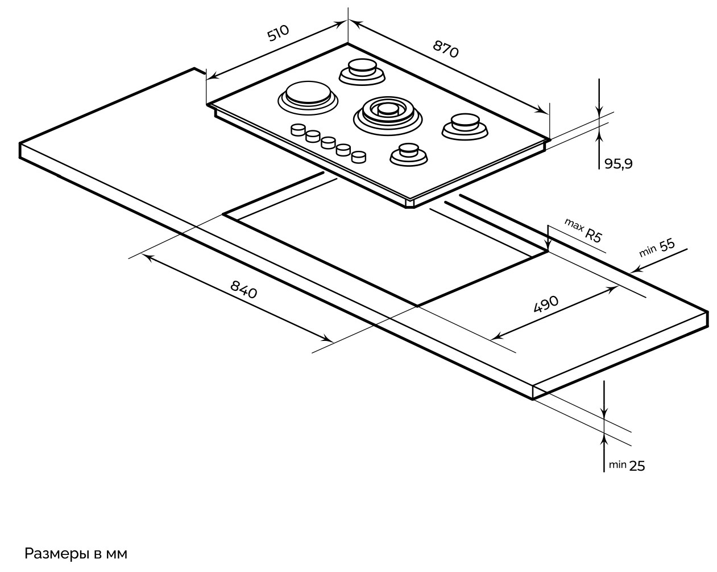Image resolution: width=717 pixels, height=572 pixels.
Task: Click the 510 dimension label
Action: tap(278, 34)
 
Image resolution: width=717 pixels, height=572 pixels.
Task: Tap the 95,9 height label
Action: tap(618, 164)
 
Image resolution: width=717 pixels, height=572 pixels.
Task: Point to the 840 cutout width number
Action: tap(244, 289)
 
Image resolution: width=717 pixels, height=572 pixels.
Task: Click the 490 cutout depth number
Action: tap(546, 304)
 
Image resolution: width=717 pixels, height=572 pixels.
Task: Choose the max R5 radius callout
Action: tap(583, 230)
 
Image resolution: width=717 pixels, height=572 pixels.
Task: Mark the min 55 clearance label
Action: tap(657, 247)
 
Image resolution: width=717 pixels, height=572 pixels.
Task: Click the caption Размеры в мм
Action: tap(76, 554)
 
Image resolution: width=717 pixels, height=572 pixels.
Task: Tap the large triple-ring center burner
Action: tap(388, 111)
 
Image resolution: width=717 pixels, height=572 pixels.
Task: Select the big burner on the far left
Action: tap(307, 95)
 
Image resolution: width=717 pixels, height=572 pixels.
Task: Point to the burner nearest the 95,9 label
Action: tap(465, 125)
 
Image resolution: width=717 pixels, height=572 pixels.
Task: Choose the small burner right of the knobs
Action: tap(408, 154)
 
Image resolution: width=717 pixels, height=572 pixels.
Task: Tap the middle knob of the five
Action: tap(328, 142)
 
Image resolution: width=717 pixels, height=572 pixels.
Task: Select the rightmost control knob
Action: tap(358, 155)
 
